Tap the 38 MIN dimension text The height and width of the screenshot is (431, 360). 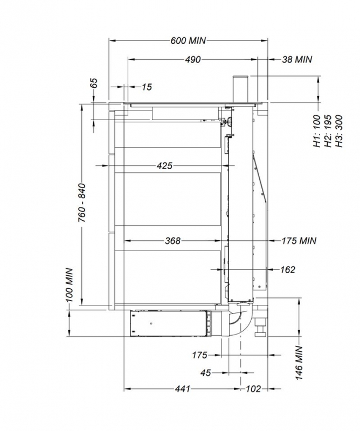(297, 60)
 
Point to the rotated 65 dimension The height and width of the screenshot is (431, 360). (94, 83)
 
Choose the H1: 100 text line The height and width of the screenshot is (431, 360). (316, 130)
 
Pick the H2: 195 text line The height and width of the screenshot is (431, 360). (327, 130)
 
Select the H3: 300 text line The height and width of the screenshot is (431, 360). (338, 130)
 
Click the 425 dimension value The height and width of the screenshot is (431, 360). (164, 166)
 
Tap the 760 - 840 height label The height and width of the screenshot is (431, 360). (82, 202)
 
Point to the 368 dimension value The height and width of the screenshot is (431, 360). (172, 241)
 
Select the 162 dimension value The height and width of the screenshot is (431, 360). (288, 269)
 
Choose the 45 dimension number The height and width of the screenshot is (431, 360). (206, 372)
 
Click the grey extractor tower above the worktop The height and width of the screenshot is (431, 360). (240, 89)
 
